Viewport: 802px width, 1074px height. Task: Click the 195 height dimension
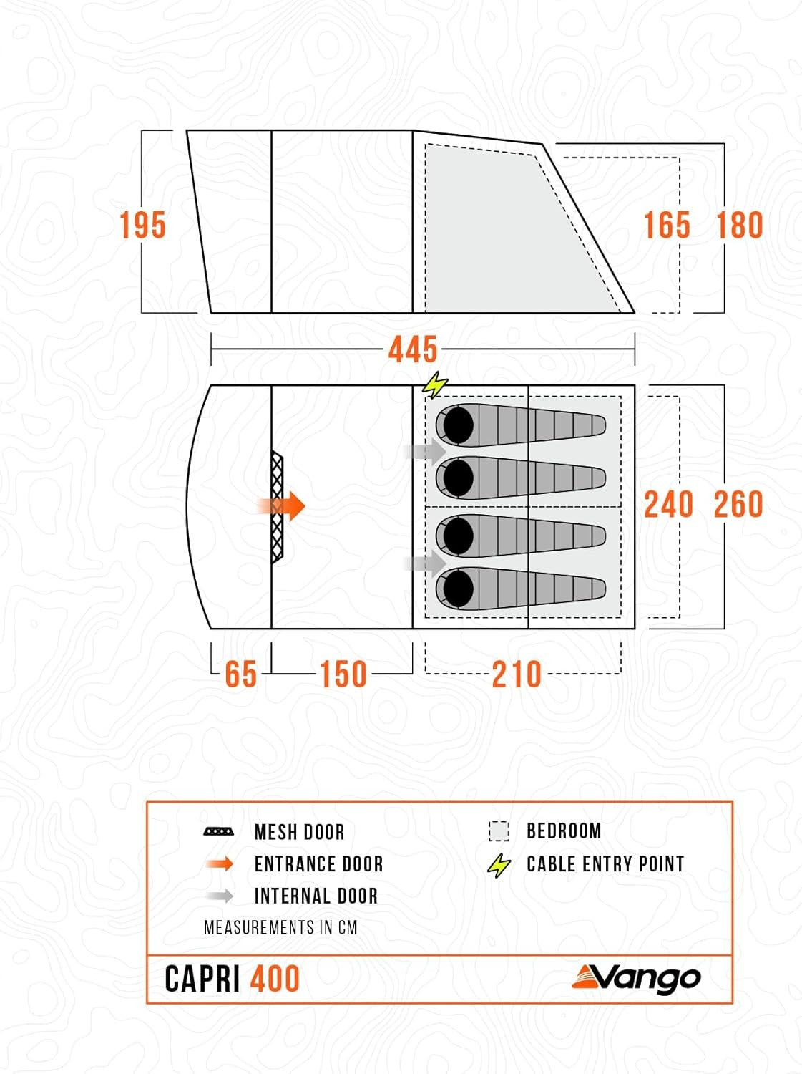pos(143,225)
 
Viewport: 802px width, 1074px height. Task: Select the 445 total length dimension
pos(413,349)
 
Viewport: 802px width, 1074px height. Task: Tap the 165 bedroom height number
pos(667,225)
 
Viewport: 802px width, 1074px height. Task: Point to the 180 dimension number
pos(740,225)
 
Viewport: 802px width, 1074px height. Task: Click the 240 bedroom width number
pos(669,505)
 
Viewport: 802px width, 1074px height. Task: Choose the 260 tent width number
pos(738,505)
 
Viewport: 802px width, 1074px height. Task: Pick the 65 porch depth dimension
pos(240,674)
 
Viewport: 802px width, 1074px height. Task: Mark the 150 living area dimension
pos(343,674)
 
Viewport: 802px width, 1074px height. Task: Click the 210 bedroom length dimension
pos(517,674)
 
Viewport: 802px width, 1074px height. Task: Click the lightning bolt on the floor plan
pos(435,384)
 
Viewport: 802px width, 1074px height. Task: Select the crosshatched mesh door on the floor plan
pos(277,508)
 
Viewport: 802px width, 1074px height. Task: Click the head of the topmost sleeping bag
pos(458,425)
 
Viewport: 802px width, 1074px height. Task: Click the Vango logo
pos(636,979)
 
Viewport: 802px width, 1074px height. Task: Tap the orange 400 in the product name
pos(275,979)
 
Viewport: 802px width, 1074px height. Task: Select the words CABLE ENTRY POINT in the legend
pos(605,863)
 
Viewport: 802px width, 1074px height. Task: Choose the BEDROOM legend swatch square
pos(499,831)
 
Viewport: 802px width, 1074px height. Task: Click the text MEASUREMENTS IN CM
pos(280,927)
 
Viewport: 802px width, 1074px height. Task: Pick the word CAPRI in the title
pos(202,979)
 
